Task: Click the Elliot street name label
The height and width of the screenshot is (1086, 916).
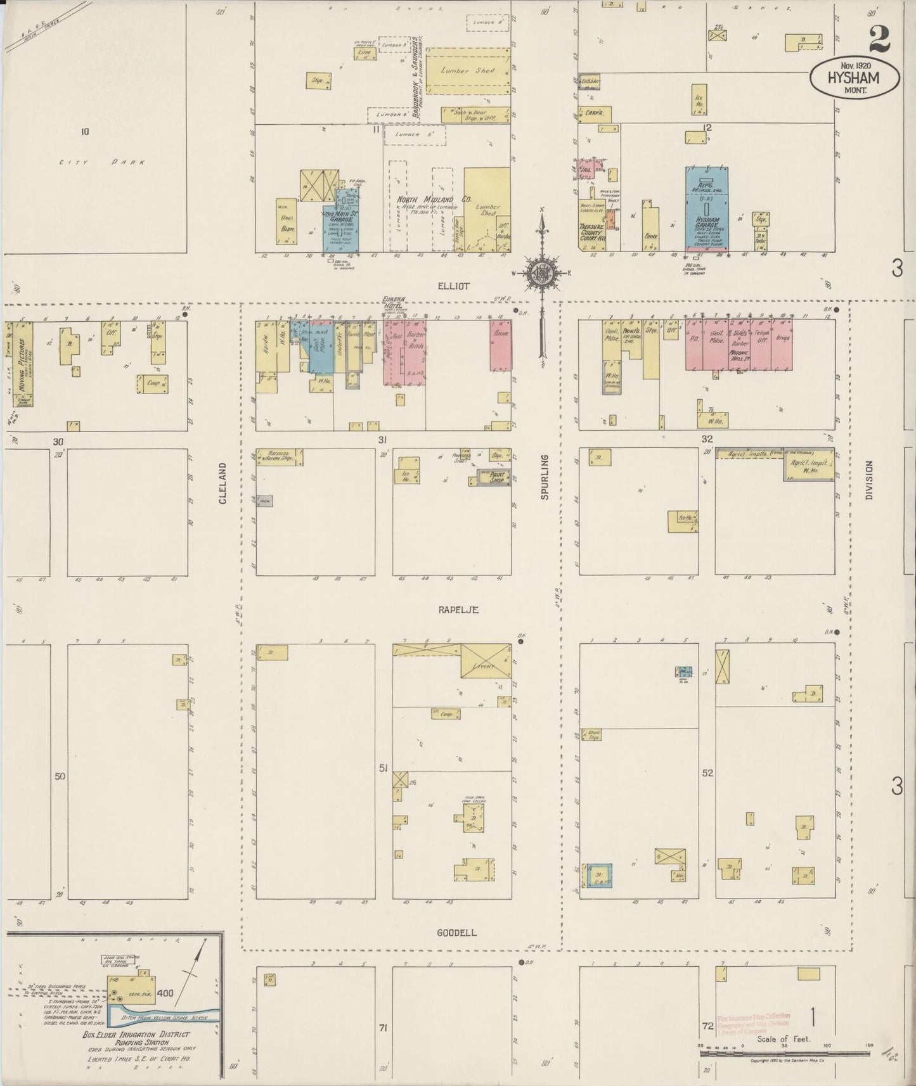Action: pyautogui.click(x=454, y=286)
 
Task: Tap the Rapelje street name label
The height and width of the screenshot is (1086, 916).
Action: pyautogui.click(x=457, y=610)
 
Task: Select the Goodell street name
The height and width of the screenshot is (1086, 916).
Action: pyautogui.click(x=456, y=933)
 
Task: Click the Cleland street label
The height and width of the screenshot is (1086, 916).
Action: pyautogui.click(x=223, y=483)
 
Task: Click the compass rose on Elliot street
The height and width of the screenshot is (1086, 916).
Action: pyautogui.click(x=543, y=273)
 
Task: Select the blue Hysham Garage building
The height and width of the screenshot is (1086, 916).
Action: pyautogui.click(x=706, y=209)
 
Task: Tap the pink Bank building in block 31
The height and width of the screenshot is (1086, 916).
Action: pyautogui.click(x=500, y=345)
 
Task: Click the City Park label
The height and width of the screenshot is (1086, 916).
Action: pyautogui.click(x=102, y=162)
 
